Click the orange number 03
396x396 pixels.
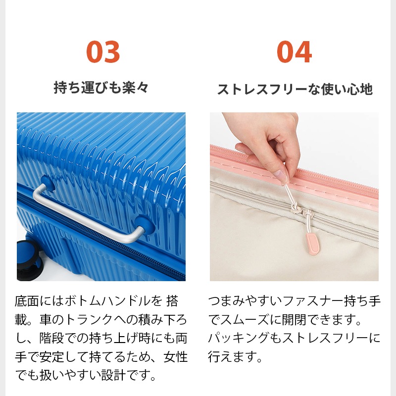pos(103,52)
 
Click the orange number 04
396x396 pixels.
pos(294,52)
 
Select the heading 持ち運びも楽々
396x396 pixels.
pos(101,88)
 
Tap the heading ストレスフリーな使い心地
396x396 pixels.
pos(295,90)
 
